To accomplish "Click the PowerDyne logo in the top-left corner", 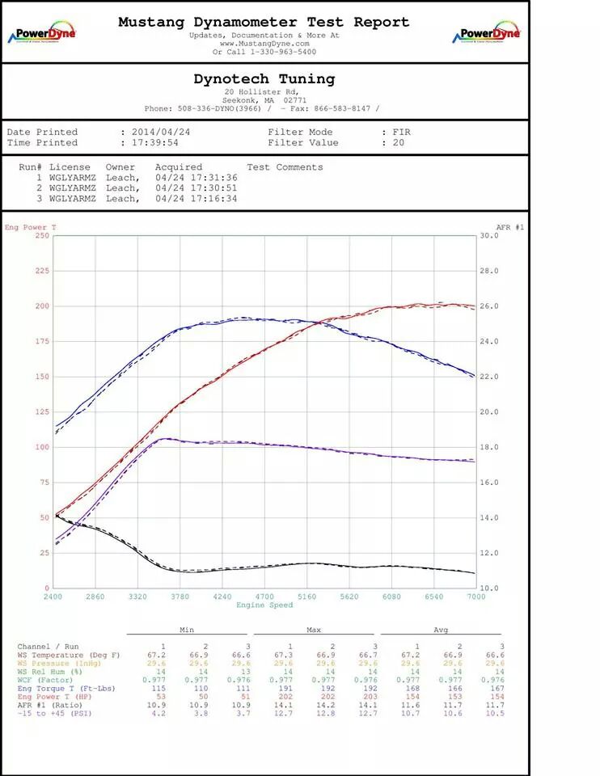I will [41, 34].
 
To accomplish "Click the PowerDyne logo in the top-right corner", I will [486, 34].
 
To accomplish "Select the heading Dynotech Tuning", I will [264, 78].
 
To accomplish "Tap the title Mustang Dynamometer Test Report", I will [264, 22].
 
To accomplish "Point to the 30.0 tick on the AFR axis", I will [490, 235].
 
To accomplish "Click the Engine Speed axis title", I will [264, 605].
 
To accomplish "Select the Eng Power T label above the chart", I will [31, 227].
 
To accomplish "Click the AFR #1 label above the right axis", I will [509, 227].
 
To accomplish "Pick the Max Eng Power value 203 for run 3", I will [374, 696].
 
